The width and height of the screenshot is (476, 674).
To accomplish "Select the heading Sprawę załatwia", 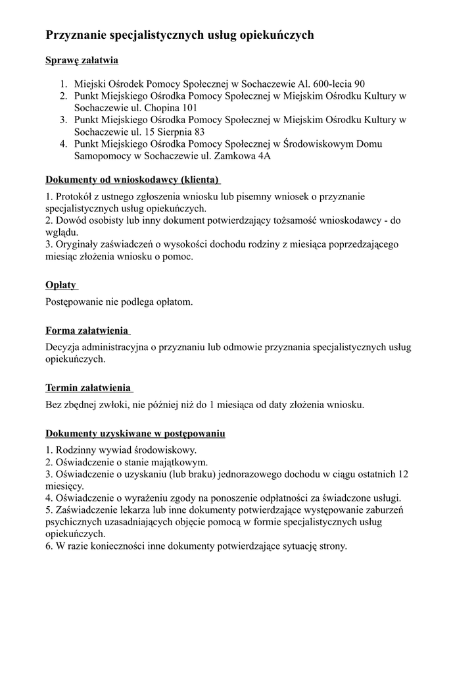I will (82, 61).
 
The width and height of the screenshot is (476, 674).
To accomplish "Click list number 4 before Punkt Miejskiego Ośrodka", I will (63, 144).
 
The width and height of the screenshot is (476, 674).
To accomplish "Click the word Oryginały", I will (78, 244).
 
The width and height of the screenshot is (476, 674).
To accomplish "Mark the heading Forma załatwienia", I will (86, 330).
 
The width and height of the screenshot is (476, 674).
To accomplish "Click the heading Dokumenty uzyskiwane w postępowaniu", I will (135, 434).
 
